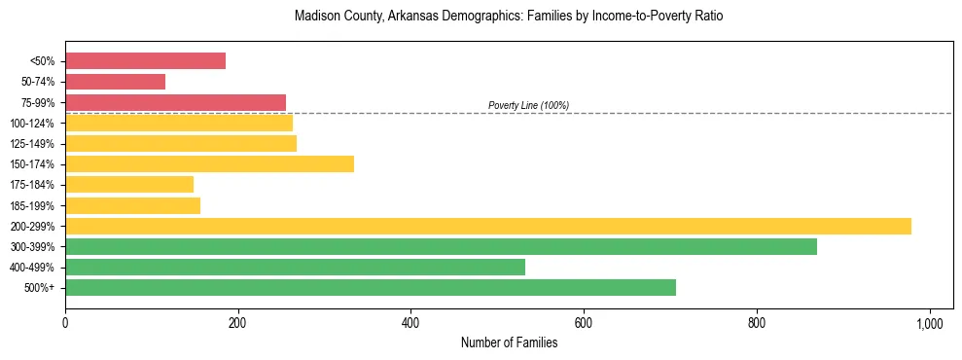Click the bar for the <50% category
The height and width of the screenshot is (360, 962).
point(145,61)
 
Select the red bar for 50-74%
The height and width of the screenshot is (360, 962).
point(115,82)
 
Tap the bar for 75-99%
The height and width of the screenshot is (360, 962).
point(175,102)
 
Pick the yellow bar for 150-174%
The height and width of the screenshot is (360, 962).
point(209,163)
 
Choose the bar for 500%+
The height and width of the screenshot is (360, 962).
point(370,287)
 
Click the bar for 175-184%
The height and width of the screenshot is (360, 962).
point(129,184)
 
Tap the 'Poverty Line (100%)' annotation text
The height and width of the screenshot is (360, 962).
point(528,105)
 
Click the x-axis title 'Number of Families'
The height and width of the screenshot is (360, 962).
point(509,342)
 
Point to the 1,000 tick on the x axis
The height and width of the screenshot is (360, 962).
point(929,322)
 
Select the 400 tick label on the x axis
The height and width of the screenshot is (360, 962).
point(410,322)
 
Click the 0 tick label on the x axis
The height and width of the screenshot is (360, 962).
point(65,322)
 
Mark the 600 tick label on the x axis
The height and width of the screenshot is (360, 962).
point(584,322)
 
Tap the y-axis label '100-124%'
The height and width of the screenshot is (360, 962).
point(32,124)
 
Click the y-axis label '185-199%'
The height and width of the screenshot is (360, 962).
point(32,205)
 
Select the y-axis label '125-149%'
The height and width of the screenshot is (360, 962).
point(32,144)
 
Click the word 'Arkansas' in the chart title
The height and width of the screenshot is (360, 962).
point(389,17)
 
